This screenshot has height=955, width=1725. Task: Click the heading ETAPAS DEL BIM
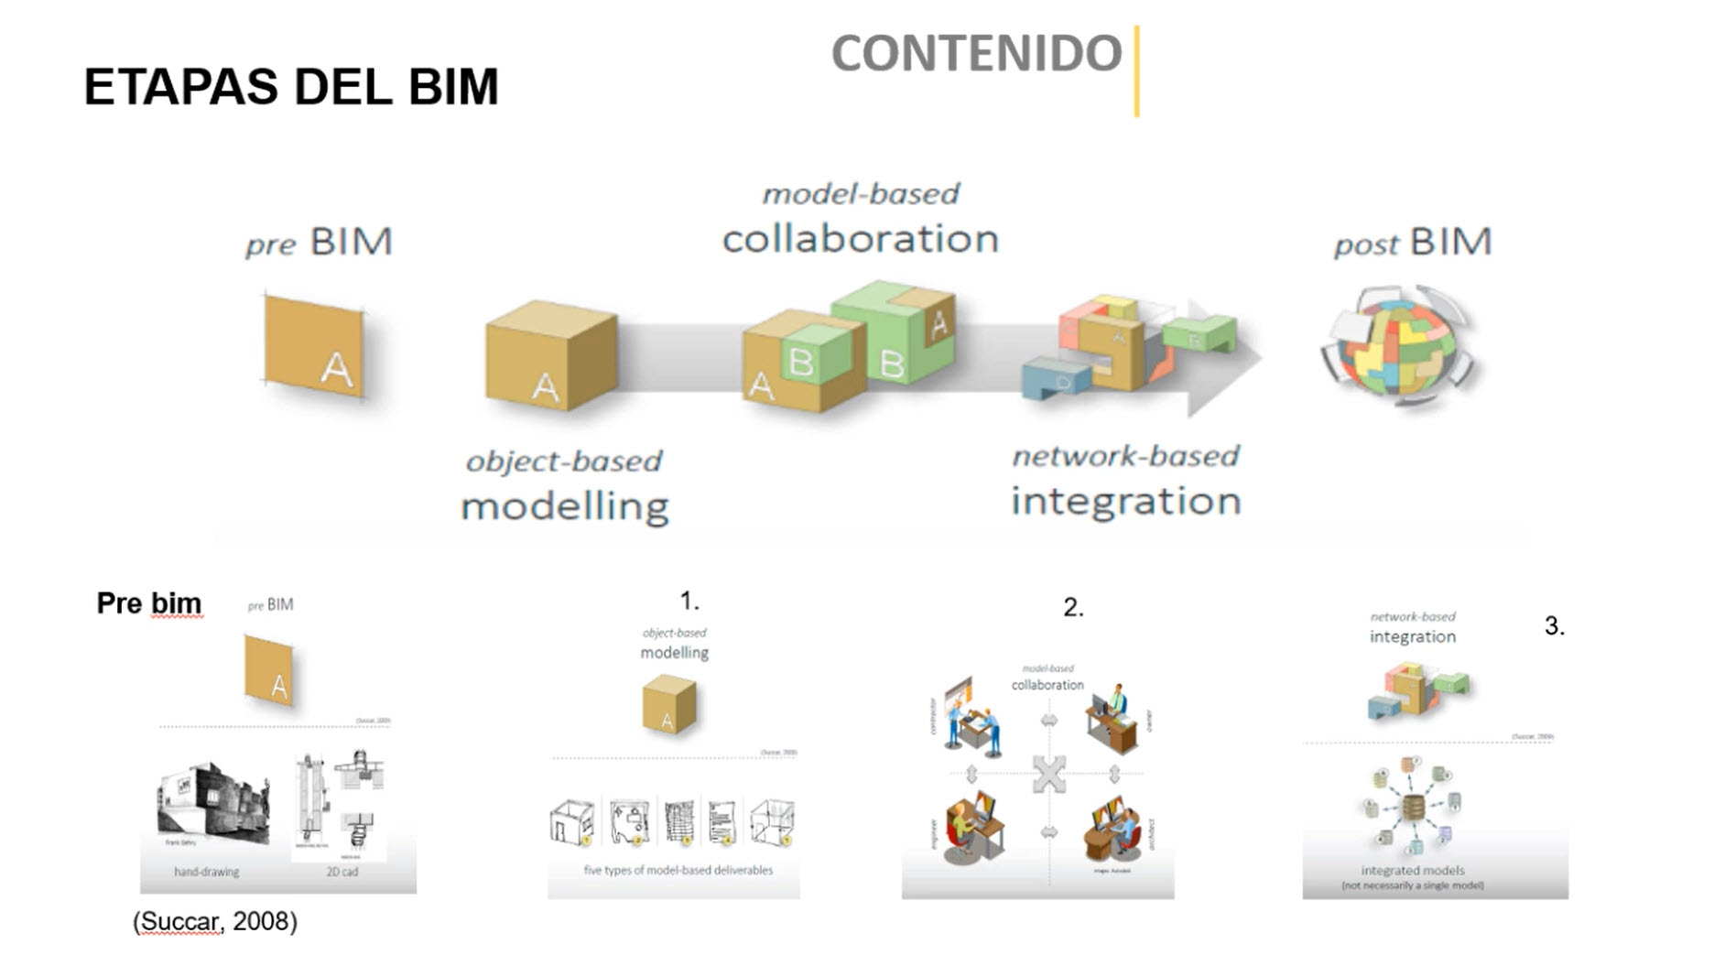pyautogui.click(x=291, y=87)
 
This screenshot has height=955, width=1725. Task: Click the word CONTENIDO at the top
pyautogui.click(x=976, y=53)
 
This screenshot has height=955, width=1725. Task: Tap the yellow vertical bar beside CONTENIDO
pyautogui.click(x=1136, y=71)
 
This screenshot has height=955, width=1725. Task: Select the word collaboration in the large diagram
pyautogui.click(x=860, y=239)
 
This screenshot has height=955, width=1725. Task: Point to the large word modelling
pyautogui.click(x=565, y=506)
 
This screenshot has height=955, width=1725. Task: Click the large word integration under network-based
pyautogui.click(x=1125, y=502)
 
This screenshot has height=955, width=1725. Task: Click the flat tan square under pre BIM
pyautogui.click(x=314, y=346)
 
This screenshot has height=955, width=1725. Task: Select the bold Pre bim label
pyautogui.click(x=148, y=603)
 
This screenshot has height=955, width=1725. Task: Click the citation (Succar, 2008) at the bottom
pyautogui.click(x=215, y=921)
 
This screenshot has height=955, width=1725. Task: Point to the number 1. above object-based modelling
pyautogui.click(x=689, y=602)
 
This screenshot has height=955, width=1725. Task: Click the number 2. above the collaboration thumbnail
pyautogui.click(x=1073, y=608)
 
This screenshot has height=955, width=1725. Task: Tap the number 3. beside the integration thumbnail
pyautogui.click(x=1554, y=626)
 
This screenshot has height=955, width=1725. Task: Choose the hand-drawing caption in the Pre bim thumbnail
pyautogui.click(x=207, y=872)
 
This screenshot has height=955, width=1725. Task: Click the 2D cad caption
pyautogui.click(x=342, y=872)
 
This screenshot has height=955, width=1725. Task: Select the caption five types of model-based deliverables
pyautogui.click(x=678, y=870)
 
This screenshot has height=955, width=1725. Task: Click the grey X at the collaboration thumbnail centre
pyautogui.click(x=1048, y=775)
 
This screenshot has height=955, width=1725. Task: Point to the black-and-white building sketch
pyautogui.click(x=214, y=803)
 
